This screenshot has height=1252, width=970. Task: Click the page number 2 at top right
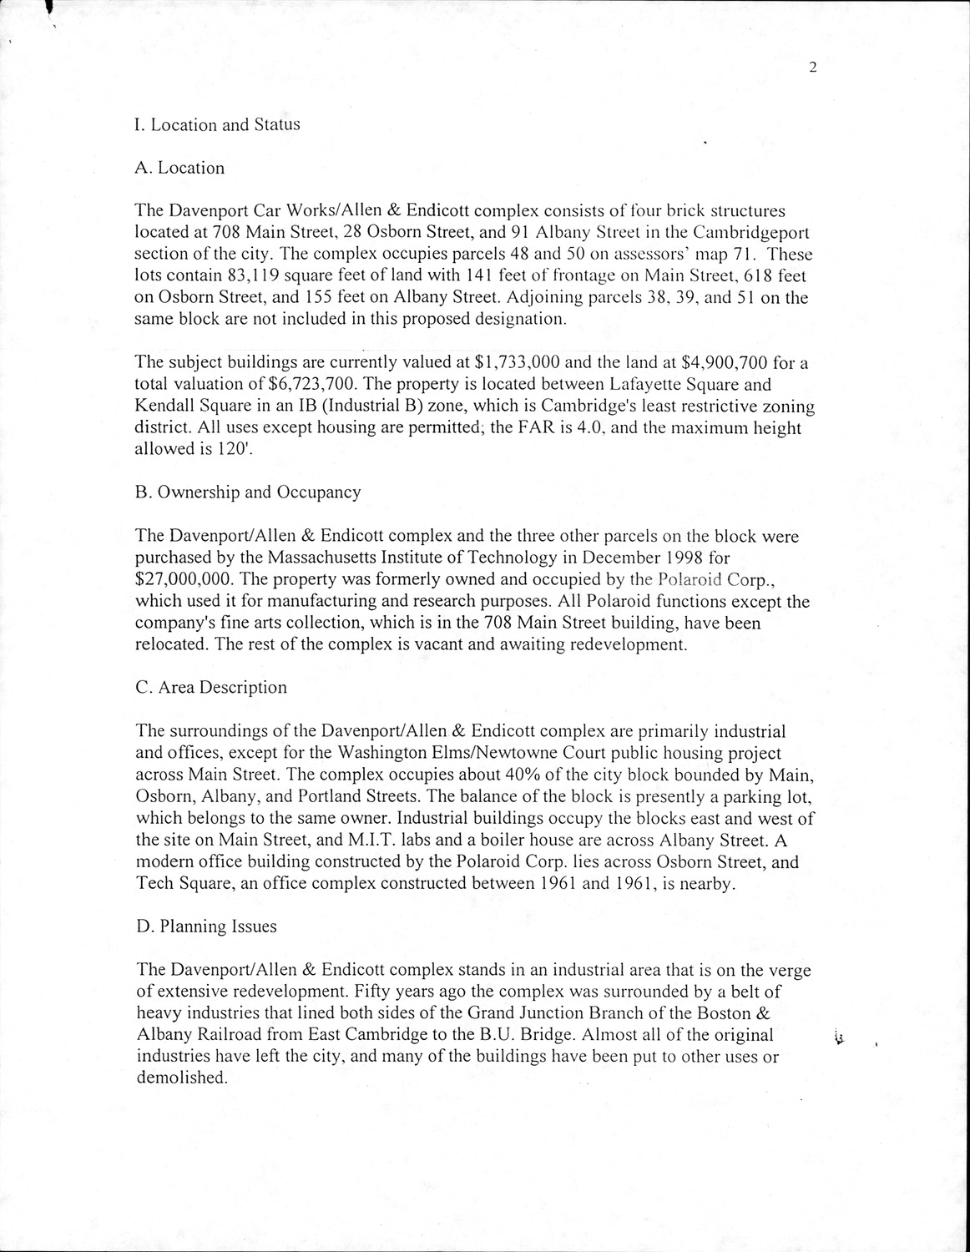[811, 69]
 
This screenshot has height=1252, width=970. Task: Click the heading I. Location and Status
[217, 125]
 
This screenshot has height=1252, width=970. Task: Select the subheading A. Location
[179, 168]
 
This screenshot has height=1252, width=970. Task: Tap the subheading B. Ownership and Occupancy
[248, 492]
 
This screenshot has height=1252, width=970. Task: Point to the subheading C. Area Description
[210, 688]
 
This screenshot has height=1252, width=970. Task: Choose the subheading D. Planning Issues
[205, 926]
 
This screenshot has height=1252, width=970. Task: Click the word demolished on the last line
[180, 1078]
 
